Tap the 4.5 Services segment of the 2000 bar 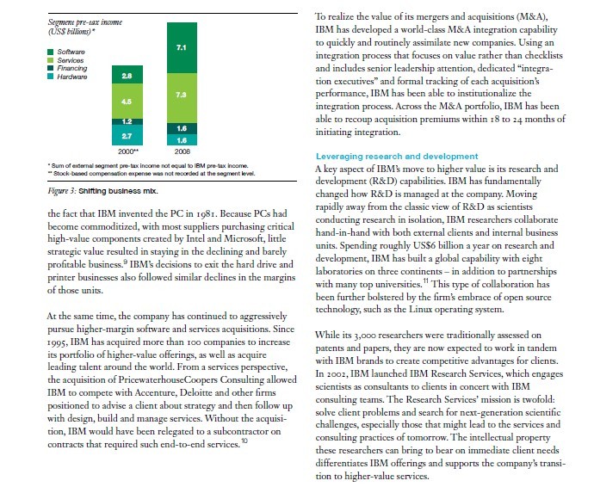point(126,101)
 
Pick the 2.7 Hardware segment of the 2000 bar point(126,136)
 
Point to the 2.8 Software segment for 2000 point(126,77)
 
